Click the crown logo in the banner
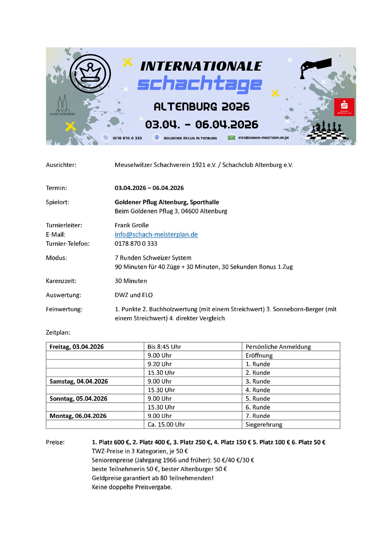point(90,74)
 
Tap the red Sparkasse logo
point(344,107)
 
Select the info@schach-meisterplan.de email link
point(156,234)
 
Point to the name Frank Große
point(132,225)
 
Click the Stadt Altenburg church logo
point(62,105)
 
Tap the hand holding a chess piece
point(315,67)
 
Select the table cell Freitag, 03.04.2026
point(77,347)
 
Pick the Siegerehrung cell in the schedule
point(264,424)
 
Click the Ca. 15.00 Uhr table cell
point(166,424)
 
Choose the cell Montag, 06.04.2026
point(78,416)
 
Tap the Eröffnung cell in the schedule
point(259,355)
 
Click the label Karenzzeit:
point(61,281)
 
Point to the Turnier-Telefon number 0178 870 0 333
point(136,243)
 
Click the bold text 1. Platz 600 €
point(111,442)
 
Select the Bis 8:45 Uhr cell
point(164,347)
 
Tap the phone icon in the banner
point(106,137)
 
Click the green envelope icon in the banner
point(231,137)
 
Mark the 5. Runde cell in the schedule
point(258,398)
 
